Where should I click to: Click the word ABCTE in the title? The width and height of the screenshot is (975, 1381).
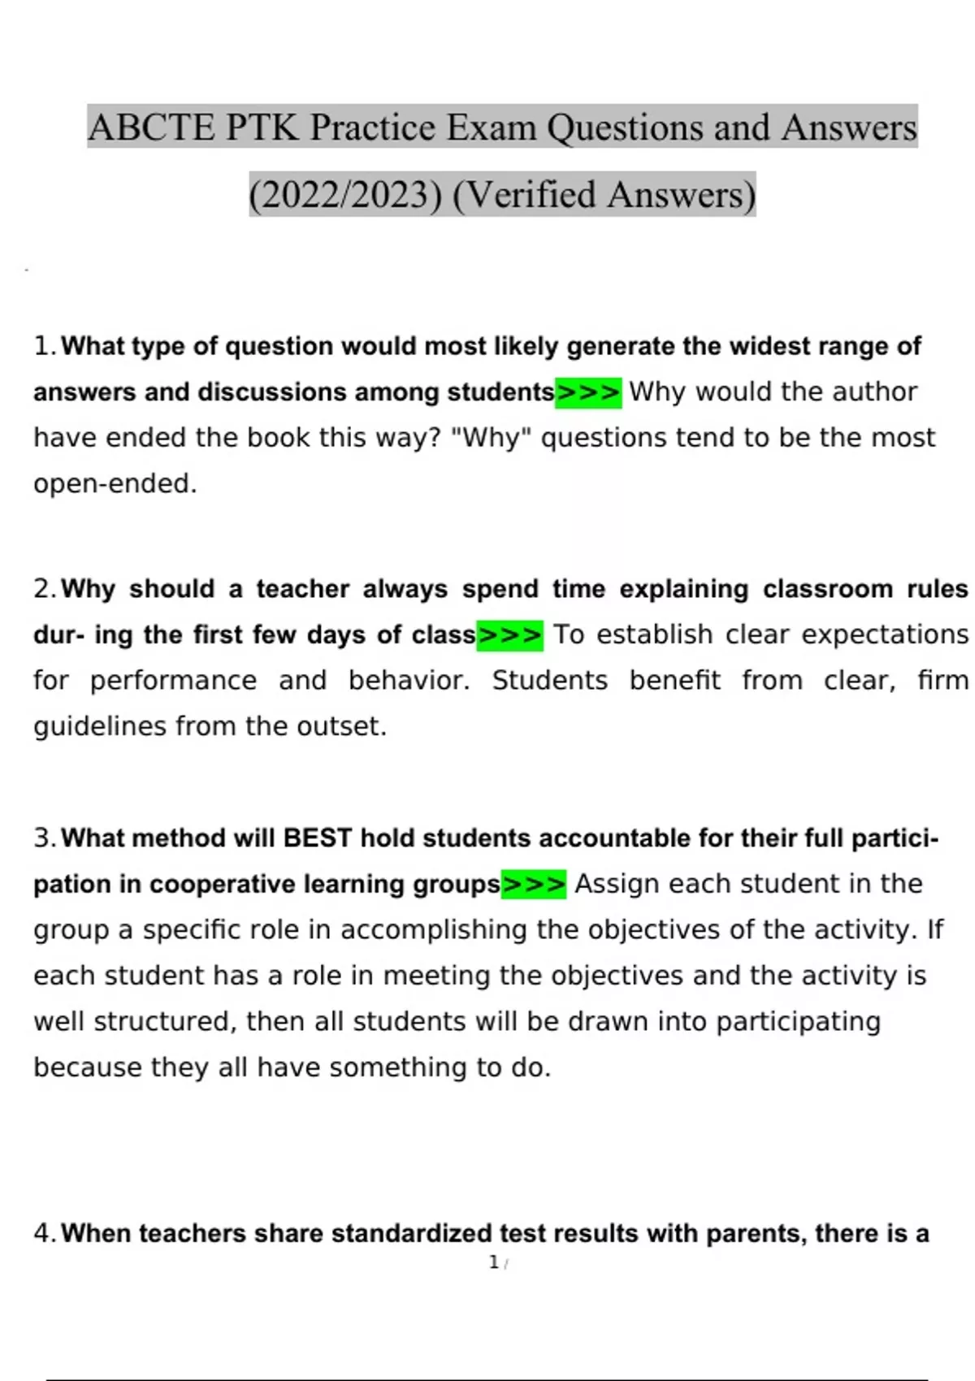(151, 128)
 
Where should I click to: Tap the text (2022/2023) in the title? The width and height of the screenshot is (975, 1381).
(345, 195)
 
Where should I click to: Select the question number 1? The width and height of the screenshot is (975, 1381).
(44, 347)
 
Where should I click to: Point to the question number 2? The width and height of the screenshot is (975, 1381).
(44, 589)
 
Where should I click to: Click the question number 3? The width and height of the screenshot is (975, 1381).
(44, 838)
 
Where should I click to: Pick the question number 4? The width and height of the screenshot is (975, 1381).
(44, 1234)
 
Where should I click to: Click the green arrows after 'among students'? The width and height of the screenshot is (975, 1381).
(588, 392)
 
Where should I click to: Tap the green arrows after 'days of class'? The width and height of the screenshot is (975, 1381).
(509, 635)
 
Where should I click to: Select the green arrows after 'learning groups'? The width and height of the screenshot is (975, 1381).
(534, 884)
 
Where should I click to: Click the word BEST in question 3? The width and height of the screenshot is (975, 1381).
(317, 838)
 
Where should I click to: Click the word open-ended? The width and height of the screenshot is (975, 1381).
(115, 484)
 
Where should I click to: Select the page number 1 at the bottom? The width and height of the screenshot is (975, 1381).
(494, 1262)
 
